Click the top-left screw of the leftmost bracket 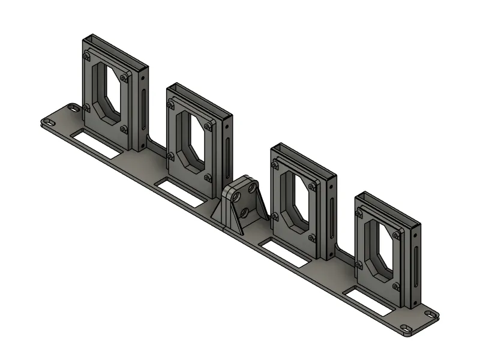88,55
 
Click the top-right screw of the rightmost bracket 396,235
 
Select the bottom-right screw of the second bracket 208,178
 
